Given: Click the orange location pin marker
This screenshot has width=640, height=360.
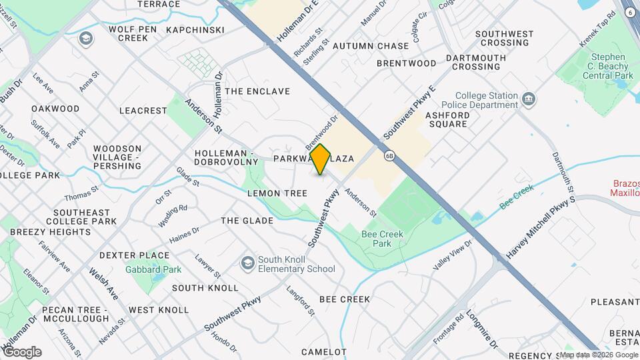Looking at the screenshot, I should coord(321,159).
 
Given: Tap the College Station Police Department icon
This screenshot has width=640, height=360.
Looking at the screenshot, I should coord(529,99).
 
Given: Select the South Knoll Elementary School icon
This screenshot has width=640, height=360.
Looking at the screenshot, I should coord(248,263).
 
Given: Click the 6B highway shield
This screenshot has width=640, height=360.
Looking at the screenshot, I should coord(389,155).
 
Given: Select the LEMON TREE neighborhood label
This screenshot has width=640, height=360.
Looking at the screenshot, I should coord(277,193).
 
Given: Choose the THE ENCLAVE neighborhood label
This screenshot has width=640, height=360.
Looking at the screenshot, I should coord(257,91).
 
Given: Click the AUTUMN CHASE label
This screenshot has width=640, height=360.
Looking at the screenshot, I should coord(371,46).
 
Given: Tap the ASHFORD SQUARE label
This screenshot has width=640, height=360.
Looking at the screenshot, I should coord(448,119).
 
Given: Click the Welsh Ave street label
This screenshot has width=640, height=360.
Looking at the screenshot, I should coord(103,283).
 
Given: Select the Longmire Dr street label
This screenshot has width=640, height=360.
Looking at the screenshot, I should coord(481,329).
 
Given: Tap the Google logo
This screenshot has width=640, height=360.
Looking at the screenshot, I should coord(22,351).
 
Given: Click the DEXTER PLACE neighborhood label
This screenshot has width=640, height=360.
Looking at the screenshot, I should coord(134,255).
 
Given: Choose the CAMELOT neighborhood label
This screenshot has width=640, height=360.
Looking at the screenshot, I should coord(325,351).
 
